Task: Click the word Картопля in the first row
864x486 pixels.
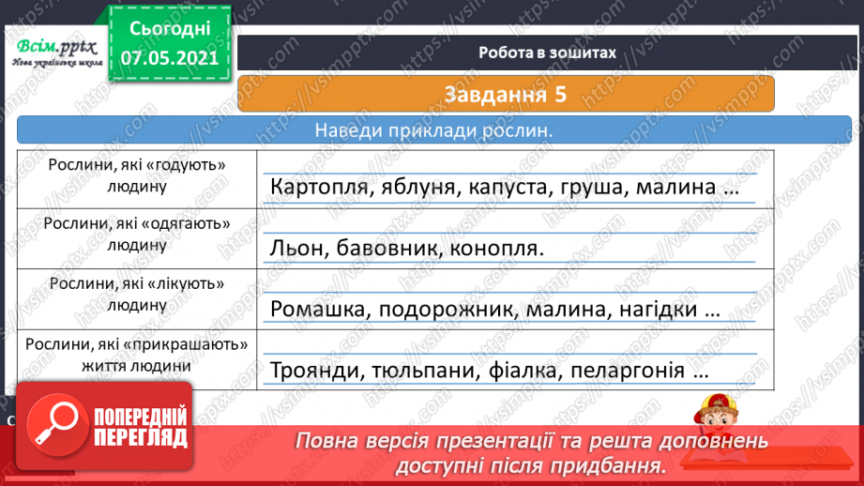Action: (311, 187)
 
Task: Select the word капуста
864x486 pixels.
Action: (488, 187)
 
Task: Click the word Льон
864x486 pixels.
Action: (296, 249)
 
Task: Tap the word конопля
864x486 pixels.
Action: (496, 249)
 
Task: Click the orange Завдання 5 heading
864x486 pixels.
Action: (506, 95)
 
